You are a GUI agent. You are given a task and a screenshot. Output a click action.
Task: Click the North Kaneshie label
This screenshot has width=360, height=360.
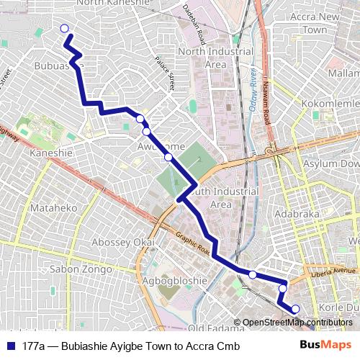pyautogui.click(x=112, y=4)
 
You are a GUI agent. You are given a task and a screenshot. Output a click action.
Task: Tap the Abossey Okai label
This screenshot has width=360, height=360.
pyautogui.click(x=123, y=243)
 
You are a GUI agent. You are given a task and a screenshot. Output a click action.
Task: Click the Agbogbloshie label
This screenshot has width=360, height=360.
pyautogui.click(x=170, y=277)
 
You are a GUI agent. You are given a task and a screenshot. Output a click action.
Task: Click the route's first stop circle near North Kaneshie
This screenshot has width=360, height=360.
pyautogui.click(x=64, y=29)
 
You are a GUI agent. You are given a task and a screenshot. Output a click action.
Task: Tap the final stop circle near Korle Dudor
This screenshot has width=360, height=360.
pyautogui.click(x=295, y=309)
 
